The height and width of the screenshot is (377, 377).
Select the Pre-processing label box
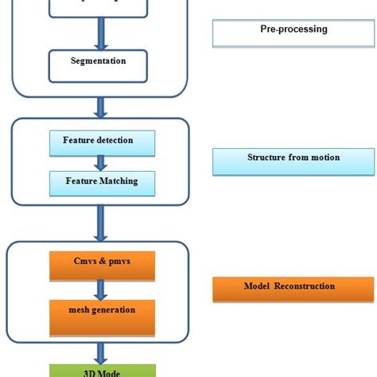293,33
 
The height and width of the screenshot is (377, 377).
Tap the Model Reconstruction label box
293,289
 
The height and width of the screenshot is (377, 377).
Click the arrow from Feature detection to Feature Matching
100,163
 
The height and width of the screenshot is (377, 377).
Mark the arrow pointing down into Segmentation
100,34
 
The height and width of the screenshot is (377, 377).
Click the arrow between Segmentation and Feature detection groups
100,107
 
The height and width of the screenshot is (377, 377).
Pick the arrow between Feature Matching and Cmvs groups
100,223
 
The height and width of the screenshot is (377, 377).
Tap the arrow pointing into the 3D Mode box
100,351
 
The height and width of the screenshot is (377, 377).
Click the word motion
325,157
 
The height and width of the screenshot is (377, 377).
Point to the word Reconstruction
305,286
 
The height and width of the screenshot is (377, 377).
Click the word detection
115,141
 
